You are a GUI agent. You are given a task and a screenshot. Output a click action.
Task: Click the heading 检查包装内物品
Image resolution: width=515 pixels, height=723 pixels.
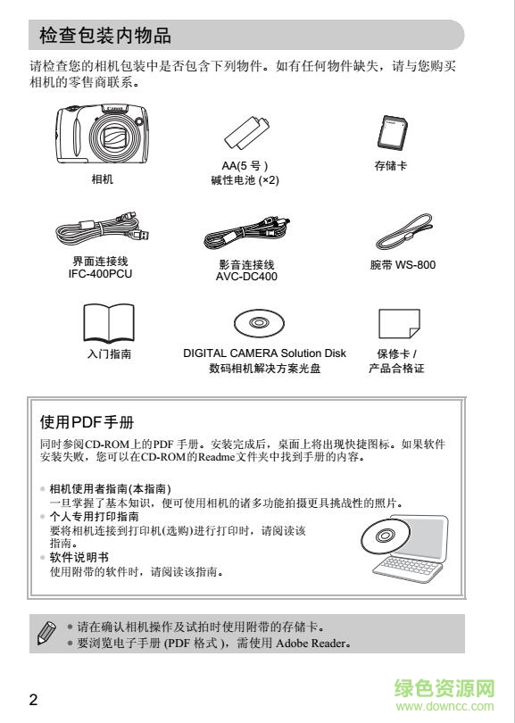105,36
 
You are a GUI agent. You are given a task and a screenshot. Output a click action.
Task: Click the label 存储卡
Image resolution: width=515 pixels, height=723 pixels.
391,166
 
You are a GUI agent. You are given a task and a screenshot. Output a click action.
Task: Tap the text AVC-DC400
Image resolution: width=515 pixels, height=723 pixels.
246,278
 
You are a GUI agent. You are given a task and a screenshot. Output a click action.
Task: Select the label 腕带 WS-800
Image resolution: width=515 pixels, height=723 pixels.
403,265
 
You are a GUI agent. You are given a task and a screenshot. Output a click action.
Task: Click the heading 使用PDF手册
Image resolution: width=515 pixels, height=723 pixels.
87,420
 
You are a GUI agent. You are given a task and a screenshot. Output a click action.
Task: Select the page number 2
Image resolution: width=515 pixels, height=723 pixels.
33,699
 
